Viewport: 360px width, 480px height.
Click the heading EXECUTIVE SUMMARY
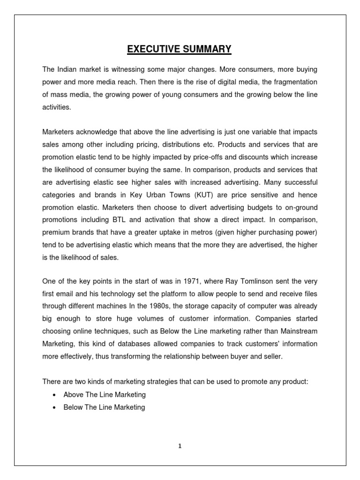pyautogui.click(x=180, y=49)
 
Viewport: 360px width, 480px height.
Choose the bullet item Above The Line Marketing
pyautogui.click(x=105, y=395)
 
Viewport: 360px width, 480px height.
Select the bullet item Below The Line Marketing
pyautogui.click(x=104, y=407)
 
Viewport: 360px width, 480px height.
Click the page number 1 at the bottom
pyautogui.click(x=180, y=446)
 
